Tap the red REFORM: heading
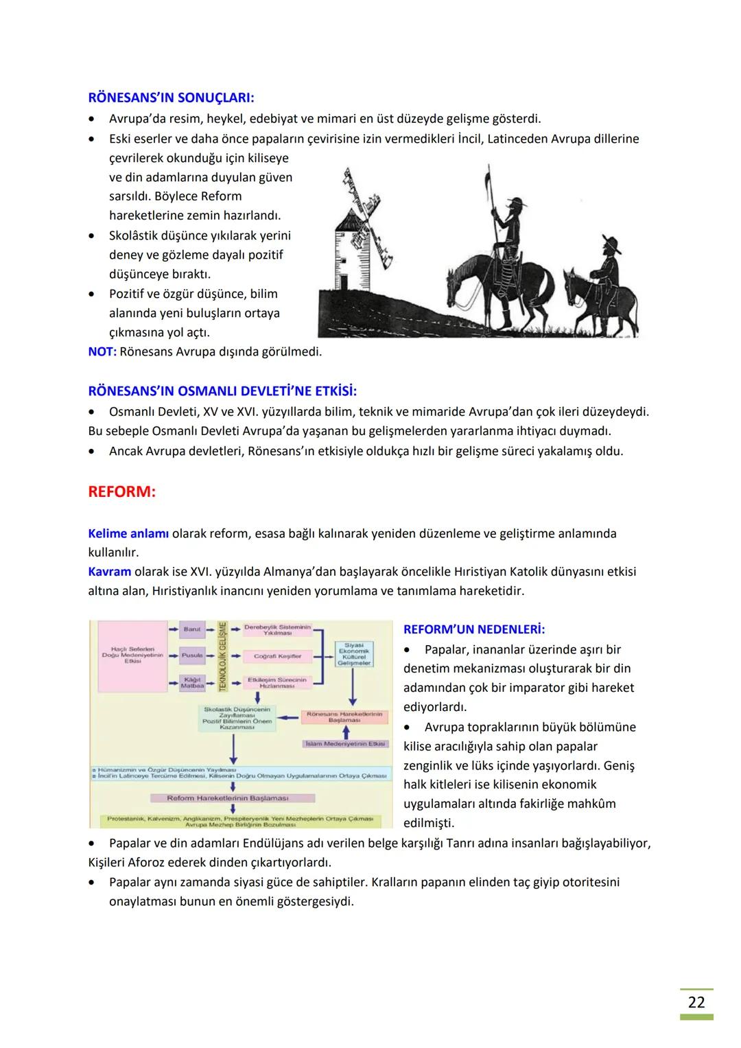pos(121,492)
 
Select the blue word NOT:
pos(102,351)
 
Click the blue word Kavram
pos(110,571)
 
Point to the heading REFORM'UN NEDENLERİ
pos(474,629)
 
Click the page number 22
pos(696,1002)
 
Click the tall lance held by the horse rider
pos(489,199)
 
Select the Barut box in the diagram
pos(192,629)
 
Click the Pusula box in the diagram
pos(192,655)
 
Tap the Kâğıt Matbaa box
pos(192,682)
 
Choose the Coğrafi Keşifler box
pos(277,656)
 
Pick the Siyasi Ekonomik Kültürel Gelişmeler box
pos(354,654)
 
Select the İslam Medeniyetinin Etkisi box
pos(345,744)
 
